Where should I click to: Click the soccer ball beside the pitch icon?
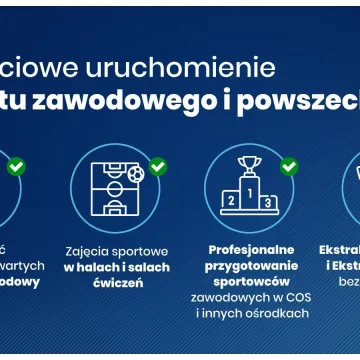[x=136, y=174]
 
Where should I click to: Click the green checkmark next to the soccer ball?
[x=157, y=167]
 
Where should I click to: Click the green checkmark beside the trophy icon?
[x=288, y=167]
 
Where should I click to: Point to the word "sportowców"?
[x=252, y=281]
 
